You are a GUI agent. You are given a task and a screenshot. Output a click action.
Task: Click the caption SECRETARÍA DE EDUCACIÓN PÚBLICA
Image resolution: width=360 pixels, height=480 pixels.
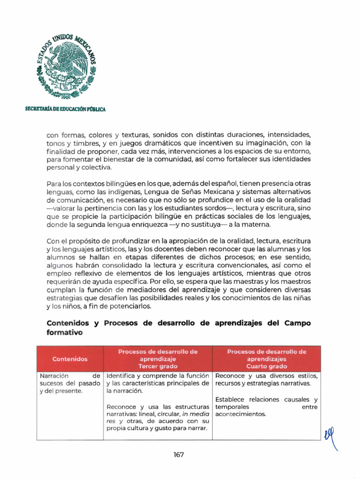pyautogui.click(x=65, y=109)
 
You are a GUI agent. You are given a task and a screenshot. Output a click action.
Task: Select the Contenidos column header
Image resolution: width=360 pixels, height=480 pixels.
pyautogui.click(x=70, y=359)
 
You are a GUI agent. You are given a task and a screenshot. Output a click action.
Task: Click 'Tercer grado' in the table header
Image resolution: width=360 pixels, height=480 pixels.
pyautogui.click(x=157, y=366)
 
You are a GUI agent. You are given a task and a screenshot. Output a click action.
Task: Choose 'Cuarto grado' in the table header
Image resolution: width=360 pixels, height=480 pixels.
pyautogui.click(x=266, y=366)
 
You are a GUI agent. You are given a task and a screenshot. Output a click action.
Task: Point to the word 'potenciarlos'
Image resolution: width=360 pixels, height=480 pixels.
pyautogui.click(x=132, y=306)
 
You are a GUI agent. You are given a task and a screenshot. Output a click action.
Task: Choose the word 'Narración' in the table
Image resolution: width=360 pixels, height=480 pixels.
pyautogui.click(x=54, y=376)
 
